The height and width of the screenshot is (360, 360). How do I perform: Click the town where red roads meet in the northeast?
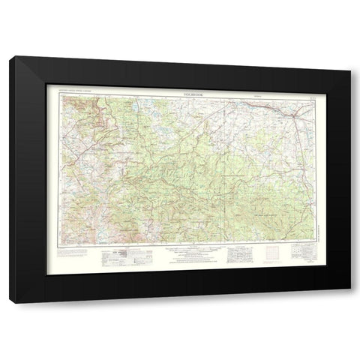(x=289, y=110)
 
